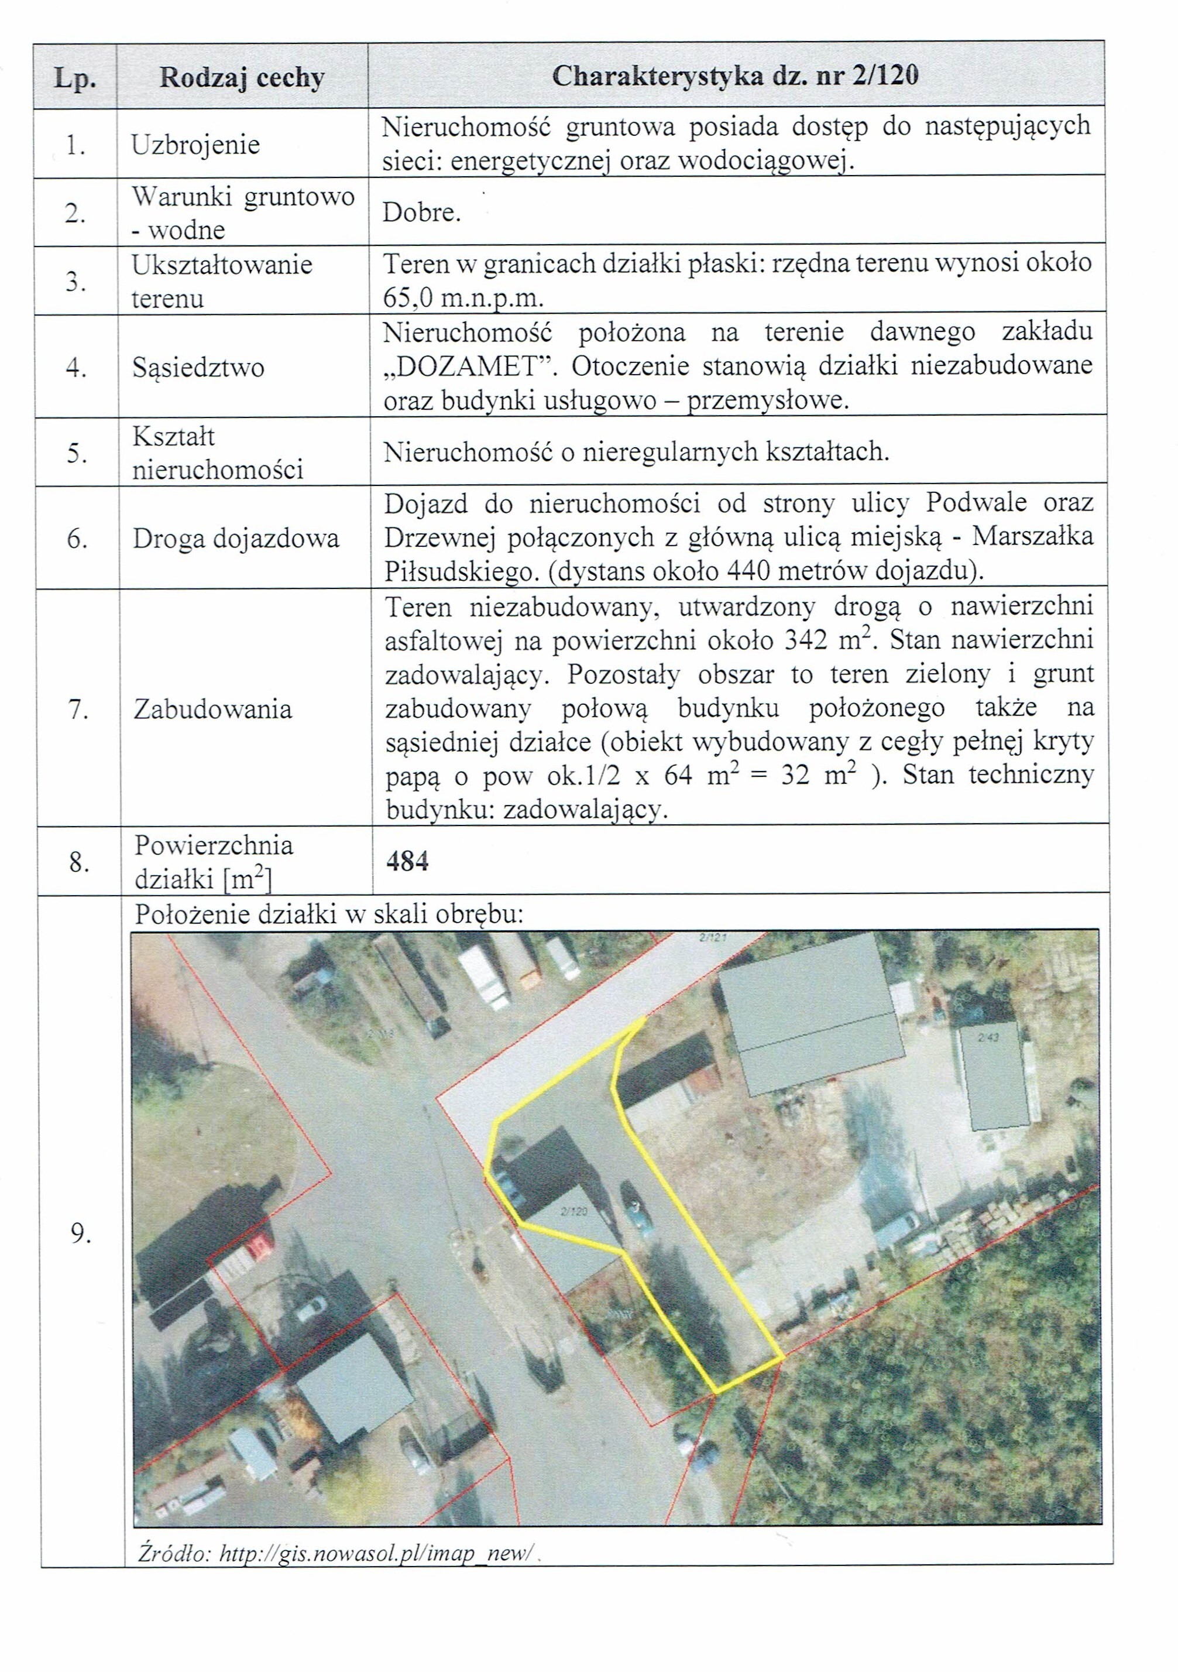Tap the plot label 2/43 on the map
tap(988, 1038)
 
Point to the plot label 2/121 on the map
tap(712, 938)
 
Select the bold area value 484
tap(407, 862)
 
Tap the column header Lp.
tap(75, 78)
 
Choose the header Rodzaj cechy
tap(242, 77)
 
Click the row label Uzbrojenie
tap(195, 144)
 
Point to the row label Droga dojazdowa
tap(235, 539)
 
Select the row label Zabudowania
tap(212, 708)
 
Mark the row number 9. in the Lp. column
tap(80, 1233)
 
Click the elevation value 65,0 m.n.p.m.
tap(464, 298)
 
